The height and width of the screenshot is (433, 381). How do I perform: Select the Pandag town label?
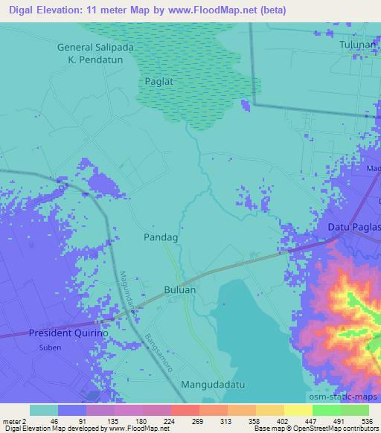[x=160, y=237]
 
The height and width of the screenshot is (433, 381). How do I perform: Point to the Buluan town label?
[x=181, y=289]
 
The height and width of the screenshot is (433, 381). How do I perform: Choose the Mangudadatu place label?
[x=211, y=386]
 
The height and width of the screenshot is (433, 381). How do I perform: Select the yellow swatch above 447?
[x=298, y=410]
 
